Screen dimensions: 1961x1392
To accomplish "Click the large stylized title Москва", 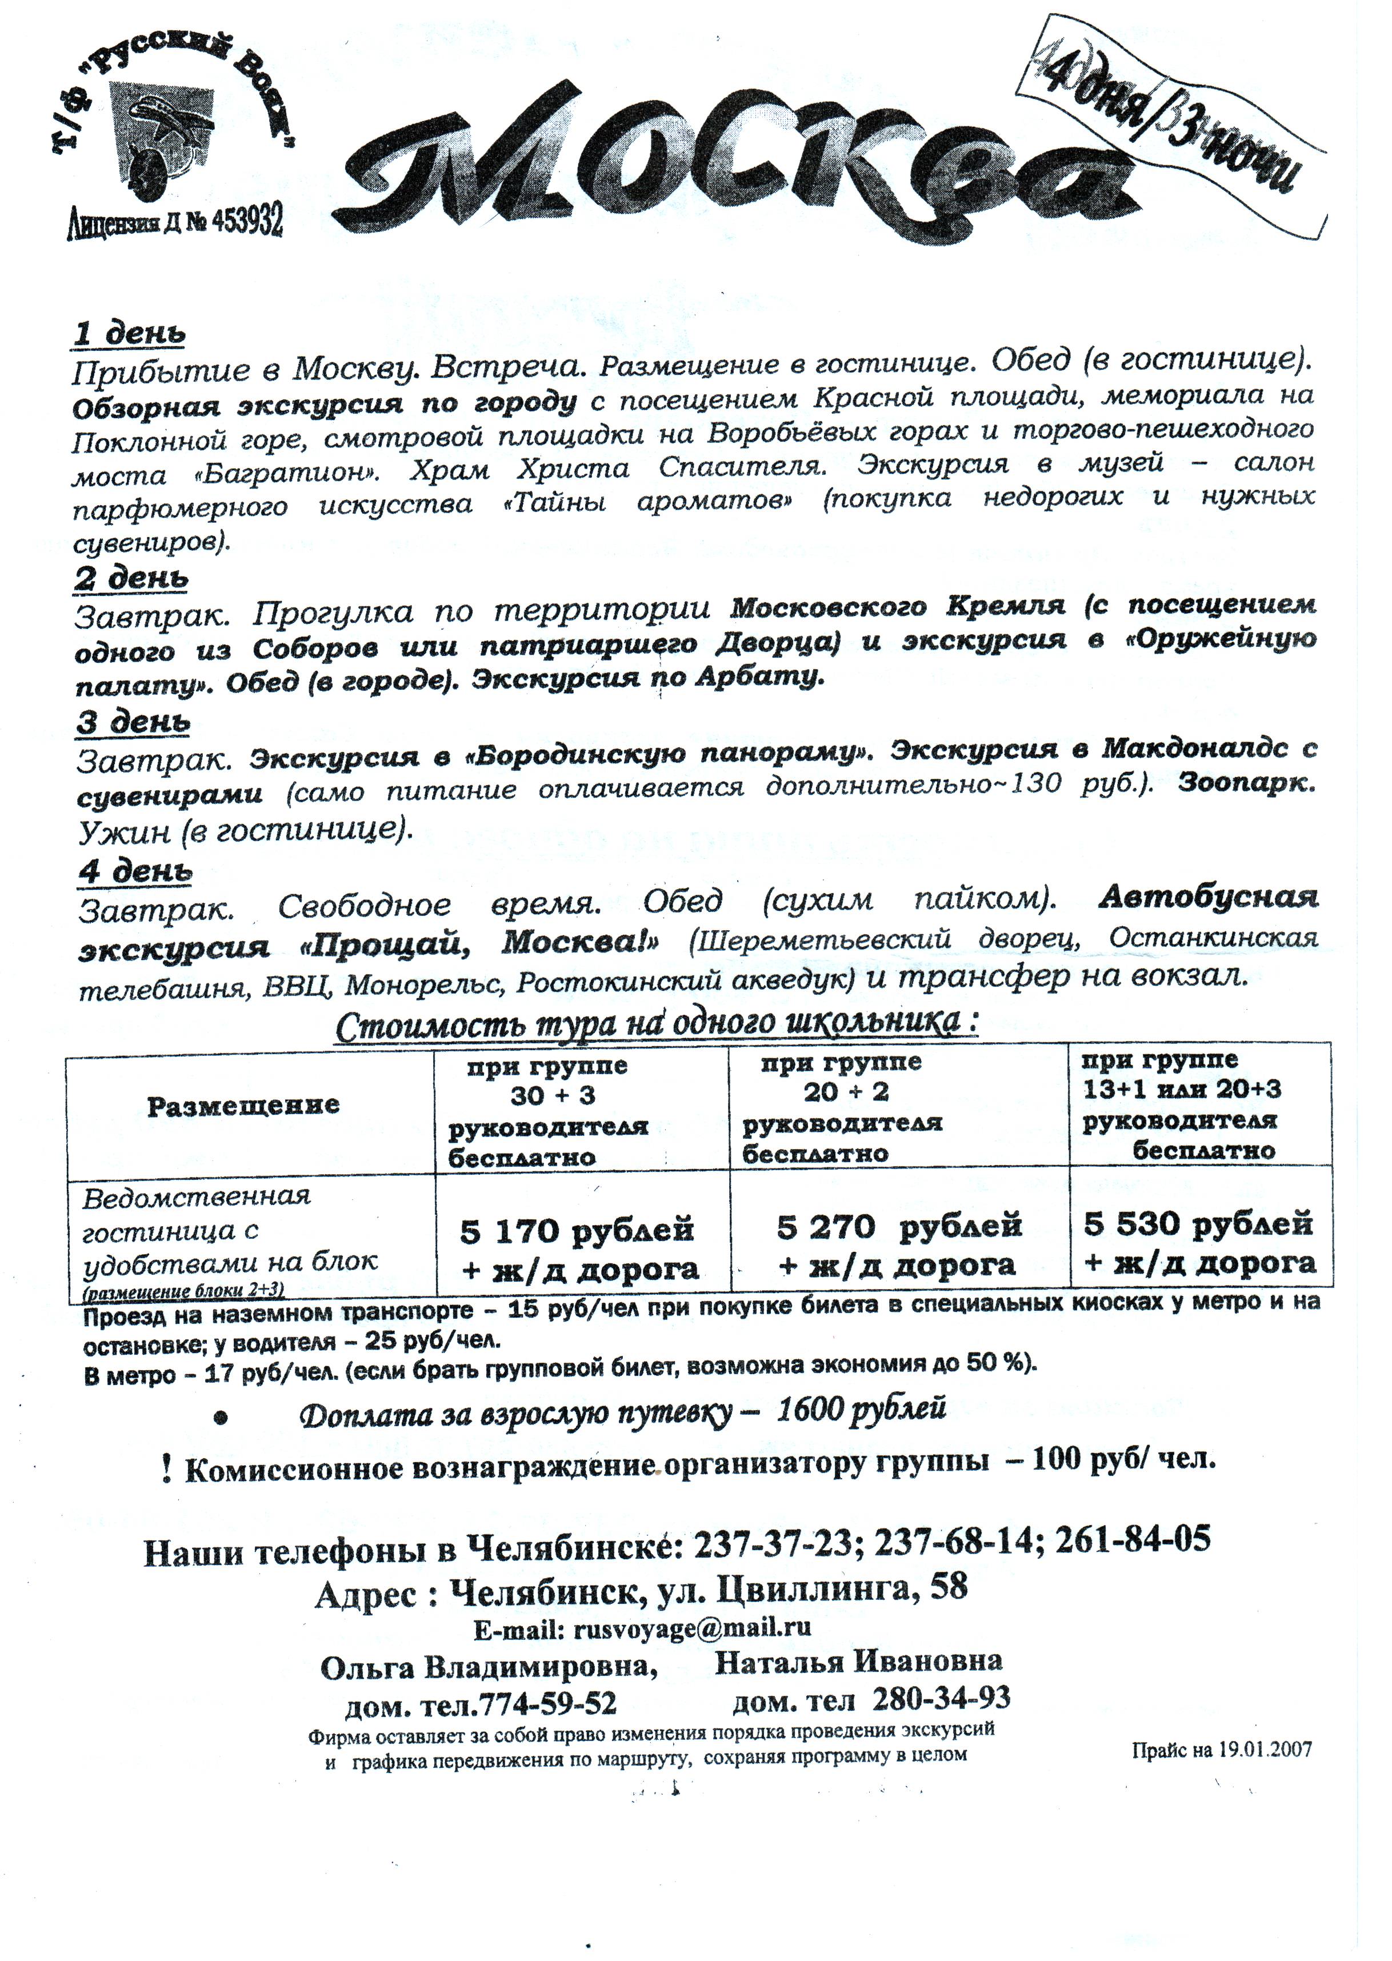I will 737,163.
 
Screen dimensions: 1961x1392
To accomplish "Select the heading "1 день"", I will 129,334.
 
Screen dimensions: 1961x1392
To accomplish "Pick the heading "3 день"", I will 133,722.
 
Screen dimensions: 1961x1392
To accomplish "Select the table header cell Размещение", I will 243,1106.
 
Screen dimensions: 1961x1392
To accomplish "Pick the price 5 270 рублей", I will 899,1226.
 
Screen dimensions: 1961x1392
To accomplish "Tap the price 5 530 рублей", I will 1198,1223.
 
